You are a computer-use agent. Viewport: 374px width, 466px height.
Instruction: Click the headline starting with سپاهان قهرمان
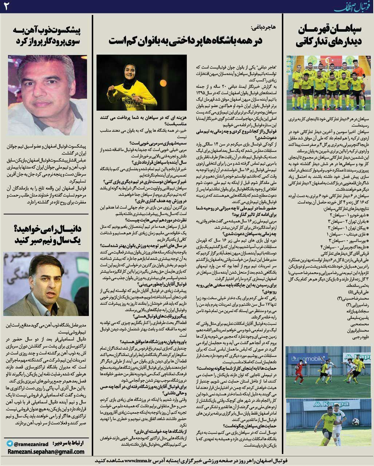pos(330,36)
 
